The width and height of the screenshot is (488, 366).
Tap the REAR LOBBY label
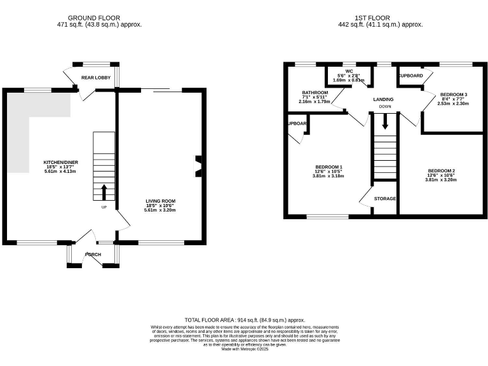[x=97, y=79]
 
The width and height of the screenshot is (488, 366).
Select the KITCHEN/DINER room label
[x=61, y=161]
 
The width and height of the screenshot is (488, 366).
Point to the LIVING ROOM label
[x=160, y=201]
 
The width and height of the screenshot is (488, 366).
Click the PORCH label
[x=93, y=254]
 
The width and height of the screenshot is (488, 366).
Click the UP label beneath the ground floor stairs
[x=104, y=207]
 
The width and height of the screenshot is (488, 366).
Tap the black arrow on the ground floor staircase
[x=105, y=191]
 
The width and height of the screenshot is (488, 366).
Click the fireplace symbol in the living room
[x=198, y=163]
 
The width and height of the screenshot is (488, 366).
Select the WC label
[x=348, y=71]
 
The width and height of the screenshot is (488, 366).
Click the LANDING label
[x=383, y=99]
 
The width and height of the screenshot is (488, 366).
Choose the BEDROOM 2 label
[x=441, y=171]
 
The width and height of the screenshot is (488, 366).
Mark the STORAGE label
[x=384, y=199]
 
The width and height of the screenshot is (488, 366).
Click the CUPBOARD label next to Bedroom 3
[x=410, y=76]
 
